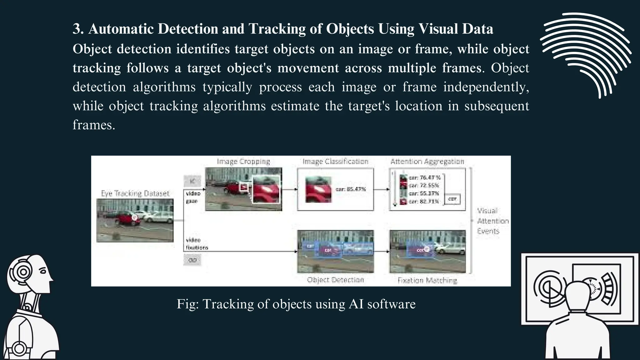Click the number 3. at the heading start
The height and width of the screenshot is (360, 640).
78,29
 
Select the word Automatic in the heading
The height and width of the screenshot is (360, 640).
121,29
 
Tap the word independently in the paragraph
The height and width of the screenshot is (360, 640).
486,87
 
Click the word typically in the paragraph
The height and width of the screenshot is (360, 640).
227,87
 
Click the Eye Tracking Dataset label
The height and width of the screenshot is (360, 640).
135,193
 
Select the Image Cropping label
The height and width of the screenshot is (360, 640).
243,162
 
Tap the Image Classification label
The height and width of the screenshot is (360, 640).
335,162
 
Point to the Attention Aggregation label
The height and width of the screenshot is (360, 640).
427,162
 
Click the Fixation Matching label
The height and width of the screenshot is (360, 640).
427,280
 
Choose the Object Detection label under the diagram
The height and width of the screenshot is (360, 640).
335,280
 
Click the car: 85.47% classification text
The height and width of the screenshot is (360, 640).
351,189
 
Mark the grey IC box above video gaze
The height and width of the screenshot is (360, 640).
192,181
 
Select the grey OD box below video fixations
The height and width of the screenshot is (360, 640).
192,260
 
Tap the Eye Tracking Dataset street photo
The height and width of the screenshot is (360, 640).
135,220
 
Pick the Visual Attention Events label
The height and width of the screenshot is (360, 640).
493,221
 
